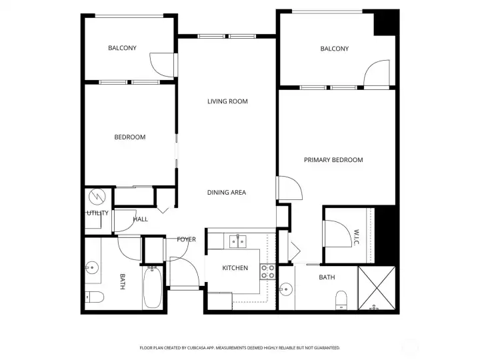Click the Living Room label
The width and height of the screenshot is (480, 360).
[227, 101]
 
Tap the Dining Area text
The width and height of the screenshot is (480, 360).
[227, 193]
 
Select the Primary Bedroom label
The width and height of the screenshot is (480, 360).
[333, 160]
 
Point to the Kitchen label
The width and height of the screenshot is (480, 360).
[235, 268]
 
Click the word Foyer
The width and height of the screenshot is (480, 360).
[186, 239]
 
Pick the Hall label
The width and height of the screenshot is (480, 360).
[141, 219]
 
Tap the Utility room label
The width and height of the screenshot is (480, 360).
[97, 213]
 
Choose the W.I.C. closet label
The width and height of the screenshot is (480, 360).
[357, 237]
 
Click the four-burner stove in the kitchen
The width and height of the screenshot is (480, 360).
[268, 271]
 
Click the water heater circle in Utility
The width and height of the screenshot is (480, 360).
[97, 197]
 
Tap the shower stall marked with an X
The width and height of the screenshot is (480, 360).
[377, 288]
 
